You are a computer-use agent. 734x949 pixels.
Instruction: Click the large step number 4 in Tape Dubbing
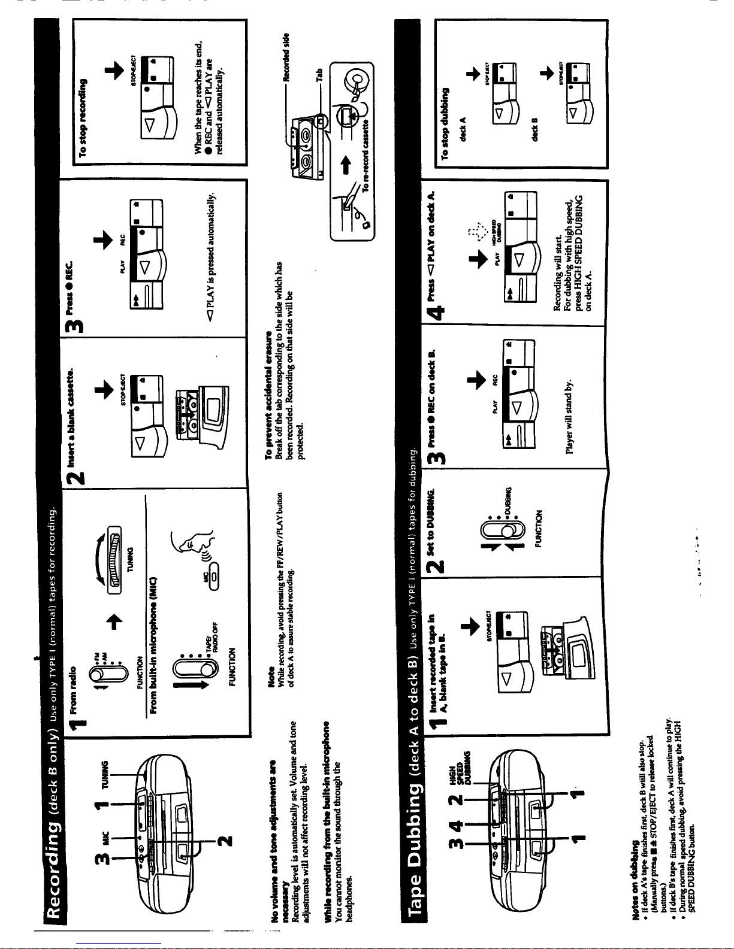(439, 312)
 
